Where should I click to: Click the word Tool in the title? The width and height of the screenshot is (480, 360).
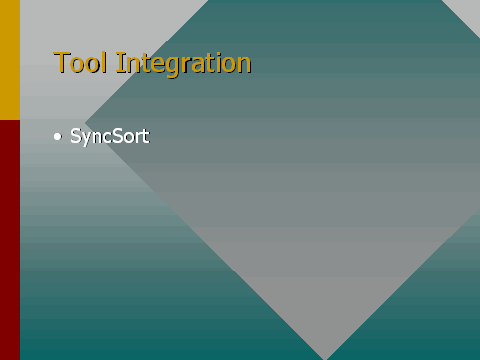click(80, 62)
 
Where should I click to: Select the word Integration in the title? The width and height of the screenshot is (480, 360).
click(183, 64)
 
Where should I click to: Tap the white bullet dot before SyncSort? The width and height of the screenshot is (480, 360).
click(58, 137)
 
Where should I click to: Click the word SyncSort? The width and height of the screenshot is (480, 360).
click(110, 136)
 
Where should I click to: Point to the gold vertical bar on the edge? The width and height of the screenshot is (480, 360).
click(10, 60)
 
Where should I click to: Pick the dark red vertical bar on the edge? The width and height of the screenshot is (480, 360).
click(10, 240)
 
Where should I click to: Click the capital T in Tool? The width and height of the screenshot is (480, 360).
click(61, 62)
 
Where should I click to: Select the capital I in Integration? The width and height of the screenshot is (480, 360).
click(119, 62)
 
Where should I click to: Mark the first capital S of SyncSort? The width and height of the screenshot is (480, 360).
click(76, 136)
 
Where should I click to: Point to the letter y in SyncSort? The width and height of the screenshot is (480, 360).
click(88, 139)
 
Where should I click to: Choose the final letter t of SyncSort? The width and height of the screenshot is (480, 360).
click(146, 136)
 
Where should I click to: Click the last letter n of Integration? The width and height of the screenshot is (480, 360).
click(244, 65)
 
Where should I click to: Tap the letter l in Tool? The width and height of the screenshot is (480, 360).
click(105, 62)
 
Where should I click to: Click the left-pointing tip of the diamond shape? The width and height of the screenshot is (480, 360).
click(85, 123)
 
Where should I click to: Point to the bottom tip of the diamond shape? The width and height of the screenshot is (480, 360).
click(324, 359)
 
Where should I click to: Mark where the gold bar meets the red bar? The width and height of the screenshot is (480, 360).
click(10, 120)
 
